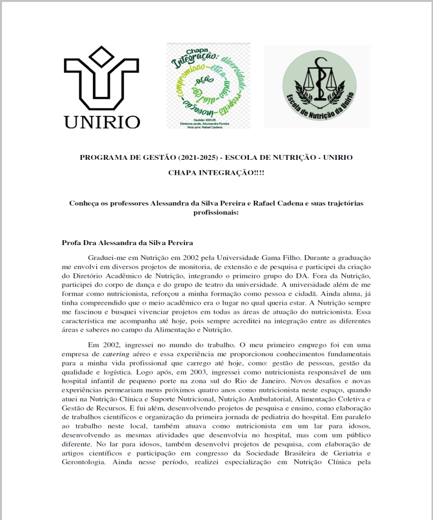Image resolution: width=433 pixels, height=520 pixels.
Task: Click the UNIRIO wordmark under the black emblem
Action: [x=102, y=121]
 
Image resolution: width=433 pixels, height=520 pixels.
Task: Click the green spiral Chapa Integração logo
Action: [x=208, y=86]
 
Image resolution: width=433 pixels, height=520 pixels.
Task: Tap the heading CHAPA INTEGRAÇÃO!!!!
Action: [x=216, y=172]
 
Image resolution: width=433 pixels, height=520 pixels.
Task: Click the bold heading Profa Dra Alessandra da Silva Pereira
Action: [x=127, y=242]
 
